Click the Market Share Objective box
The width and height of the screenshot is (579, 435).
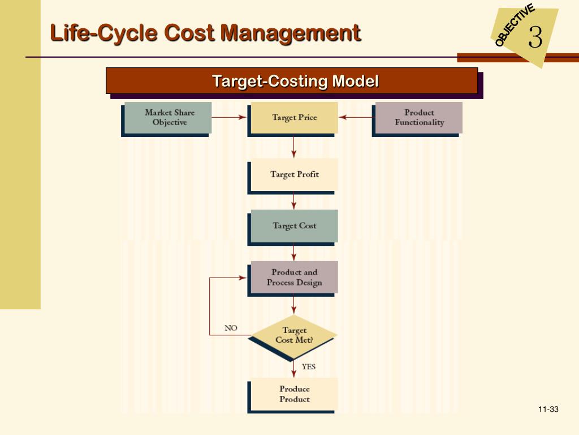click(x=168, y=117)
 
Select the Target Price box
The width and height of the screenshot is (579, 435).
click(x=294, y=117)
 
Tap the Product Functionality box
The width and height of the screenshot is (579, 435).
click(x=419, y=117)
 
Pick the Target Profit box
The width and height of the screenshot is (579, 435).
click(x=294, y=174)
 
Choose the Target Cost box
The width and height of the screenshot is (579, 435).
click(x=294, y=225)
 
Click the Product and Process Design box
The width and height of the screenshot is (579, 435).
click(x=294, y=277)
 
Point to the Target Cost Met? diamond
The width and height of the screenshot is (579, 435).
click(x=294, y=335)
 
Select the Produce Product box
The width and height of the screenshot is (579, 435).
click(x=294, y=394)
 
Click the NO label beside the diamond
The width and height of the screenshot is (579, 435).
click(x=231, y=328)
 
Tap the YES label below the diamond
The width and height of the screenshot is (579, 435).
click(x=309, y=366)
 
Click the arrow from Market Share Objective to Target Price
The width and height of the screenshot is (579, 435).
click(x=229, y=117)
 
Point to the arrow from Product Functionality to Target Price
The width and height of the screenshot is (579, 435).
click(x=356, y=117)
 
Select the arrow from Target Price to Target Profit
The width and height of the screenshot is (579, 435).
click(x=294, y=147)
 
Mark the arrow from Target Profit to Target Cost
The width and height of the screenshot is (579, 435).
click(x=294, y=201)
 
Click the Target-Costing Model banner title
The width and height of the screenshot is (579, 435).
click(x=295, y=81)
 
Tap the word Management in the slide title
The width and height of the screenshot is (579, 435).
click(x=290, y=32)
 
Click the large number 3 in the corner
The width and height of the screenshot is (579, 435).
click(x=535, y=38)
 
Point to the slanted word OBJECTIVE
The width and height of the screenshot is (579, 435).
click(x=514, y=25)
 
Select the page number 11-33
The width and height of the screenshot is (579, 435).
click(x=548, y=410)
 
